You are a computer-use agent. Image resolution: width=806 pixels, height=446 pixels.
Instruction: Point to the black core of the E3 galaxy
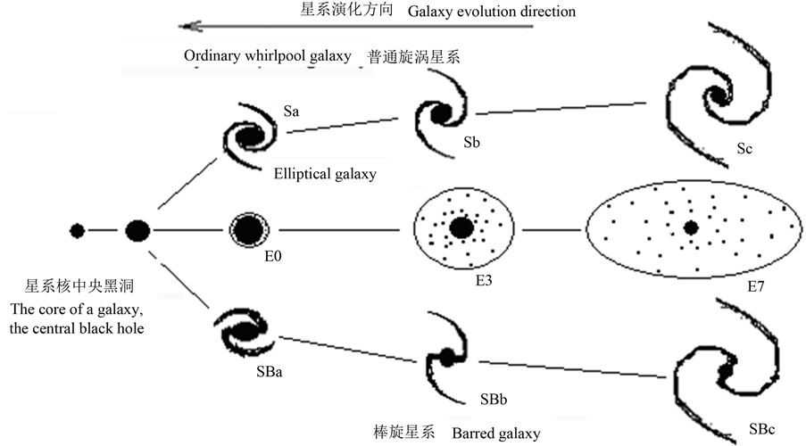click(461, 227)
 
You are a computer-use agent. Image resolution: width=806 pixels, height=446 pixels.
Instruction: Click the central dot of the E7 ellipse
click(690, 228)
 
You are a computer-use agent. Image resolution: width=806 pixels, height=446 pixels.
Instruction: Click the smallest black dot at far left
click(78, 231)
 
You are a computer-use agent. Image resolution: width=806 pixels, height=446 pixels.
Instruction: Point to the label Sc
click(746, 149)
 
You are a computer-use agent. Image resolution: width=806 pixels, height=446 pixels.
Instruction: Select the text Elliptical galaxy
click(325, 175)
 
